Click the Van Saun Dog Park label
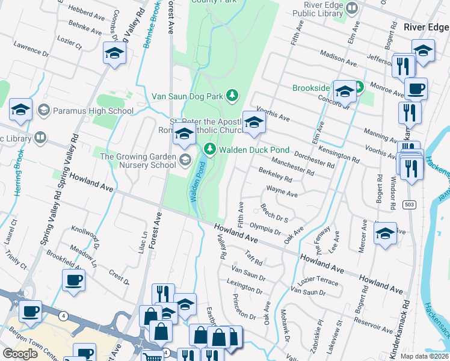[187, 96]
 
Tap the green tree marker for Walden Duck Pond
[209, 149]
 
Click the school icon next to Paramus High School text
[43, 111]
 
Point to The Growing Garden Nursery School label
[138, 161]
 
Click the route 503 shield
[407, 205]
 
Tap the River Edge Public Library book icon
[352, 9]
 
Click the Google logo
[20, 354]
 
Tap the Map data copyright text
[424, 356]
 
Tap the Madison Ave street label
[339, 57]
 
